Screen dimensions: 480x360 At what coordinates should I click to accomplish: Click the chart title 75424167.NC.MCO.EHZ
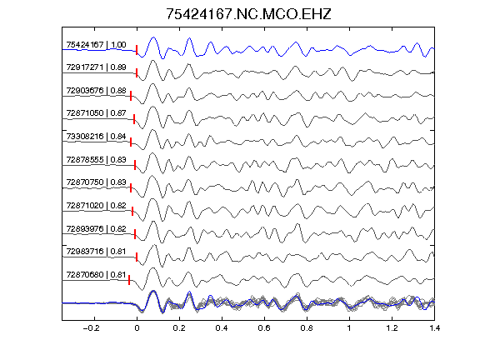[x=248, y=14]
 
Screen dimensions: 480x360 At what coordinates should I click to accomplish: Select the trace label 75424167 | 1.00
[x=96, y=45]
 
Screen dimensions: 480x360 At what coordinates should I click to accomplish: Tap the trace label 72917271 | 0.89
[x=96, y=67]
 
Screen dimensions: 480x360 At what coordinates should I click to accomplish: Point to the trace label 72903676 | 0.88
[x=96, y=91]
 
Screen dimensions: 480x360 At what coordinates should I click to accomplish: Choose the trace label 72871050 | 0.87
[x=96, y=113]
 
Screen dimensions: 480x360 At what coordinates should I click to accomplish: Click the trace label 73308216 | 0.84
[x=96, y=136]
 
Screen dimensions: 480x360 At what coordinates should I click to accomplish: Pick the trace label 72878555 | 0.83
[x=96, y=160]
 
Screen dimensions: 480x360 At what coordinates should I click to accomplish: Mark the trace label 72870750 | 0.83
[x=96, y=182]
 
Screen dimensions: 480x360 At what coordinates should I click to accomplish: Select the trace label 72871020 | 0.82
[x=96, y=205]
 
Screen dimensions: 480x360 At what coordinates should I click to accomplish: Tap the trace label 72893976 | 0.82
[x=96, y=229]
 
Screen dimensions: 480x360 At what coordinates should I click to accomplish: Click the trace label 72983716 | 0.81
[x=96, y=252]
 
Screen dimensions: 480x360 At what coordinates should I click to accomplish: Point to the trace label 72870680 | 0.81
[x=96, y=275]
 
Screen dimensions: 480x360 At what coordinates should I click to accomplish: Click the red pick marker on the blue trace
[x=137, y=50]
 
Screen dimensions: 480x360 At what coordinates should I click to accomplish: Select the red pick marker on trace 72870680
[x=129, y=280]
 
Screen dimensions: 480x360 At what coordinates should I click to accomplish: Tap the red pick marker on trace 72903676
[x=131, y=96]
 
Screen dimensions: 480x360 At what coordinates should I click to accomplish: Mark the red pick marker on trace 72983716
[x=137, y=257]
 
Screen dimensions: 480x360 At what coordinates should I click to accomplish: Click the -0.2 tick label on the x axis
[x=91, y=328]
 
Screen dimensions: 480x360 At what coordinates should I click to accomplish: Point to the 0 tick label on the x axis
[x=137, y=328]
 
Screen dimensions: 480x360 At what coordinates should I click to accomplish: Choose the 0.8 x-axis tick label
[x=307, y=328]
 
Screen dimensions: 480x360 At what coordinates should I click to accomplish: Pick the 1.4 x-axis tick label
[x=434, y=328]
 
